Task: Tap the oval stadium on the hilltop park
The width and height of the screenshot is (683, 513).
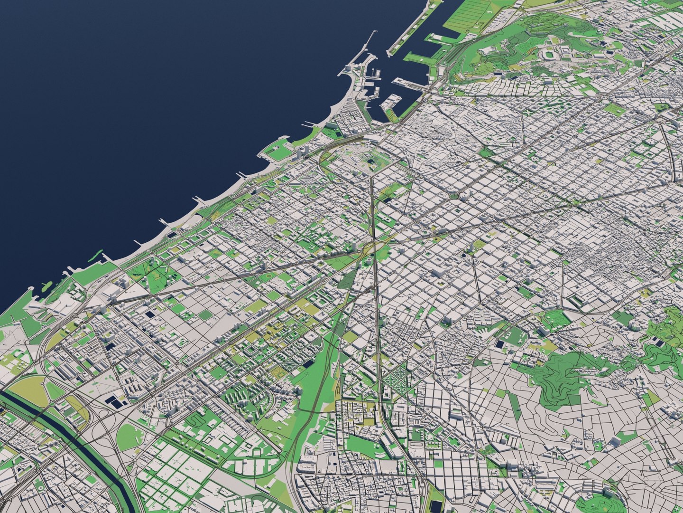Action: (550, 55)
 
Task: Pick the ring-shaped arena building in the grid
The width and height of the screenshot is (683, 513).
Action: (463, 256)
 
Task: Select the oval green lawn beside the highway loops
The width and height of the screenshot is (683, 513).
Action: (130, 437)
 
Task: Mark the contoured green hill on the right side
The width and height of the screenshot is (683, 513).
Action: (569, 375)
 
